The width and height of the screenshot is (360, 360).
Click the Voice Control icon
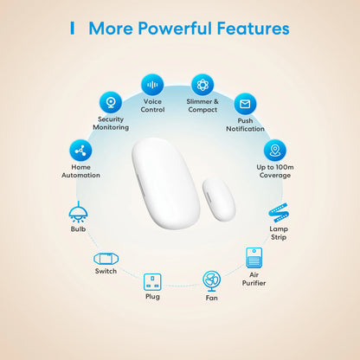pyautogui.click(x=153, y=85)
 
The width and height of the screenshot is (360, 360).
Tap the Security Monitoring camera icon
pyautogui.click(x=111, y=102)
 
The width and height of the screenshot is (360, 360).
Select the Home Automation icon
pyautogui.click(x=80, y=150)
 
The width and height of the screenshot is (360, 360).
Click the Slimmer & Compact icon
pyautogui.click(x=202, y=85)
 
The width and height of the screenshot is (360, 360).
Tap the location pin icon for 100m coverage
pyautogui.click(x=274, y=150)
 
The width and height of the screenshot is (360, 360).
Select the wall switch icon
pyautogui.click(x=106, y=258)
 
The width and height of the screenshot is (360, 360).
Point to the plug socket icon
pyautogui.click(x=152, y=281)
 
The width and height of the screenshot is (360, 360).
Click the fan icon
pyautogui.click(x=212, y=280)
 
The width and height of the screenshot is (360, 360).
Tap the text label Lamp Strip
pyautogui.click(x=280, y=235)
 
